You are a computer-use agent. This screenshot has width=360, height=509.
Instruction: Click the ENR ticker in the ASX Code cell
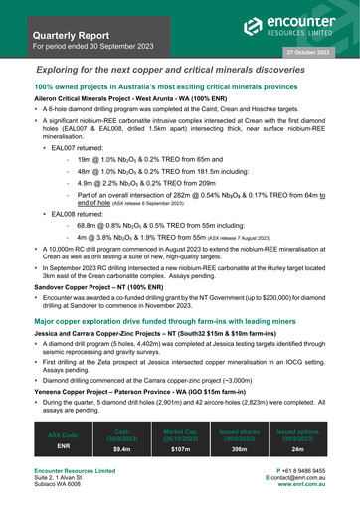[63, 447]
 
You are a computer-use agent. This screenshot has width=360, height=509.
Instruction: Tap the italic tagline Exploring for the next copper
[180, 71]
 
